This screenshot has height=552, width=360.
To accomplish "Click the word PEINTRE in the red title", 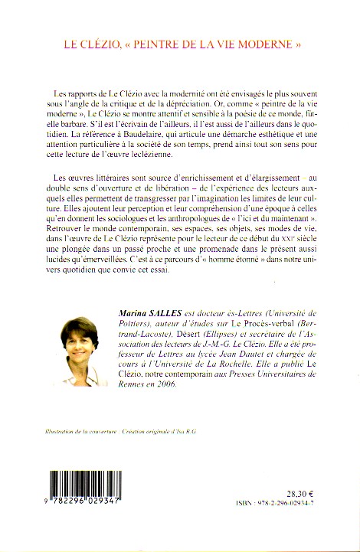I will coord(159,44).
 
